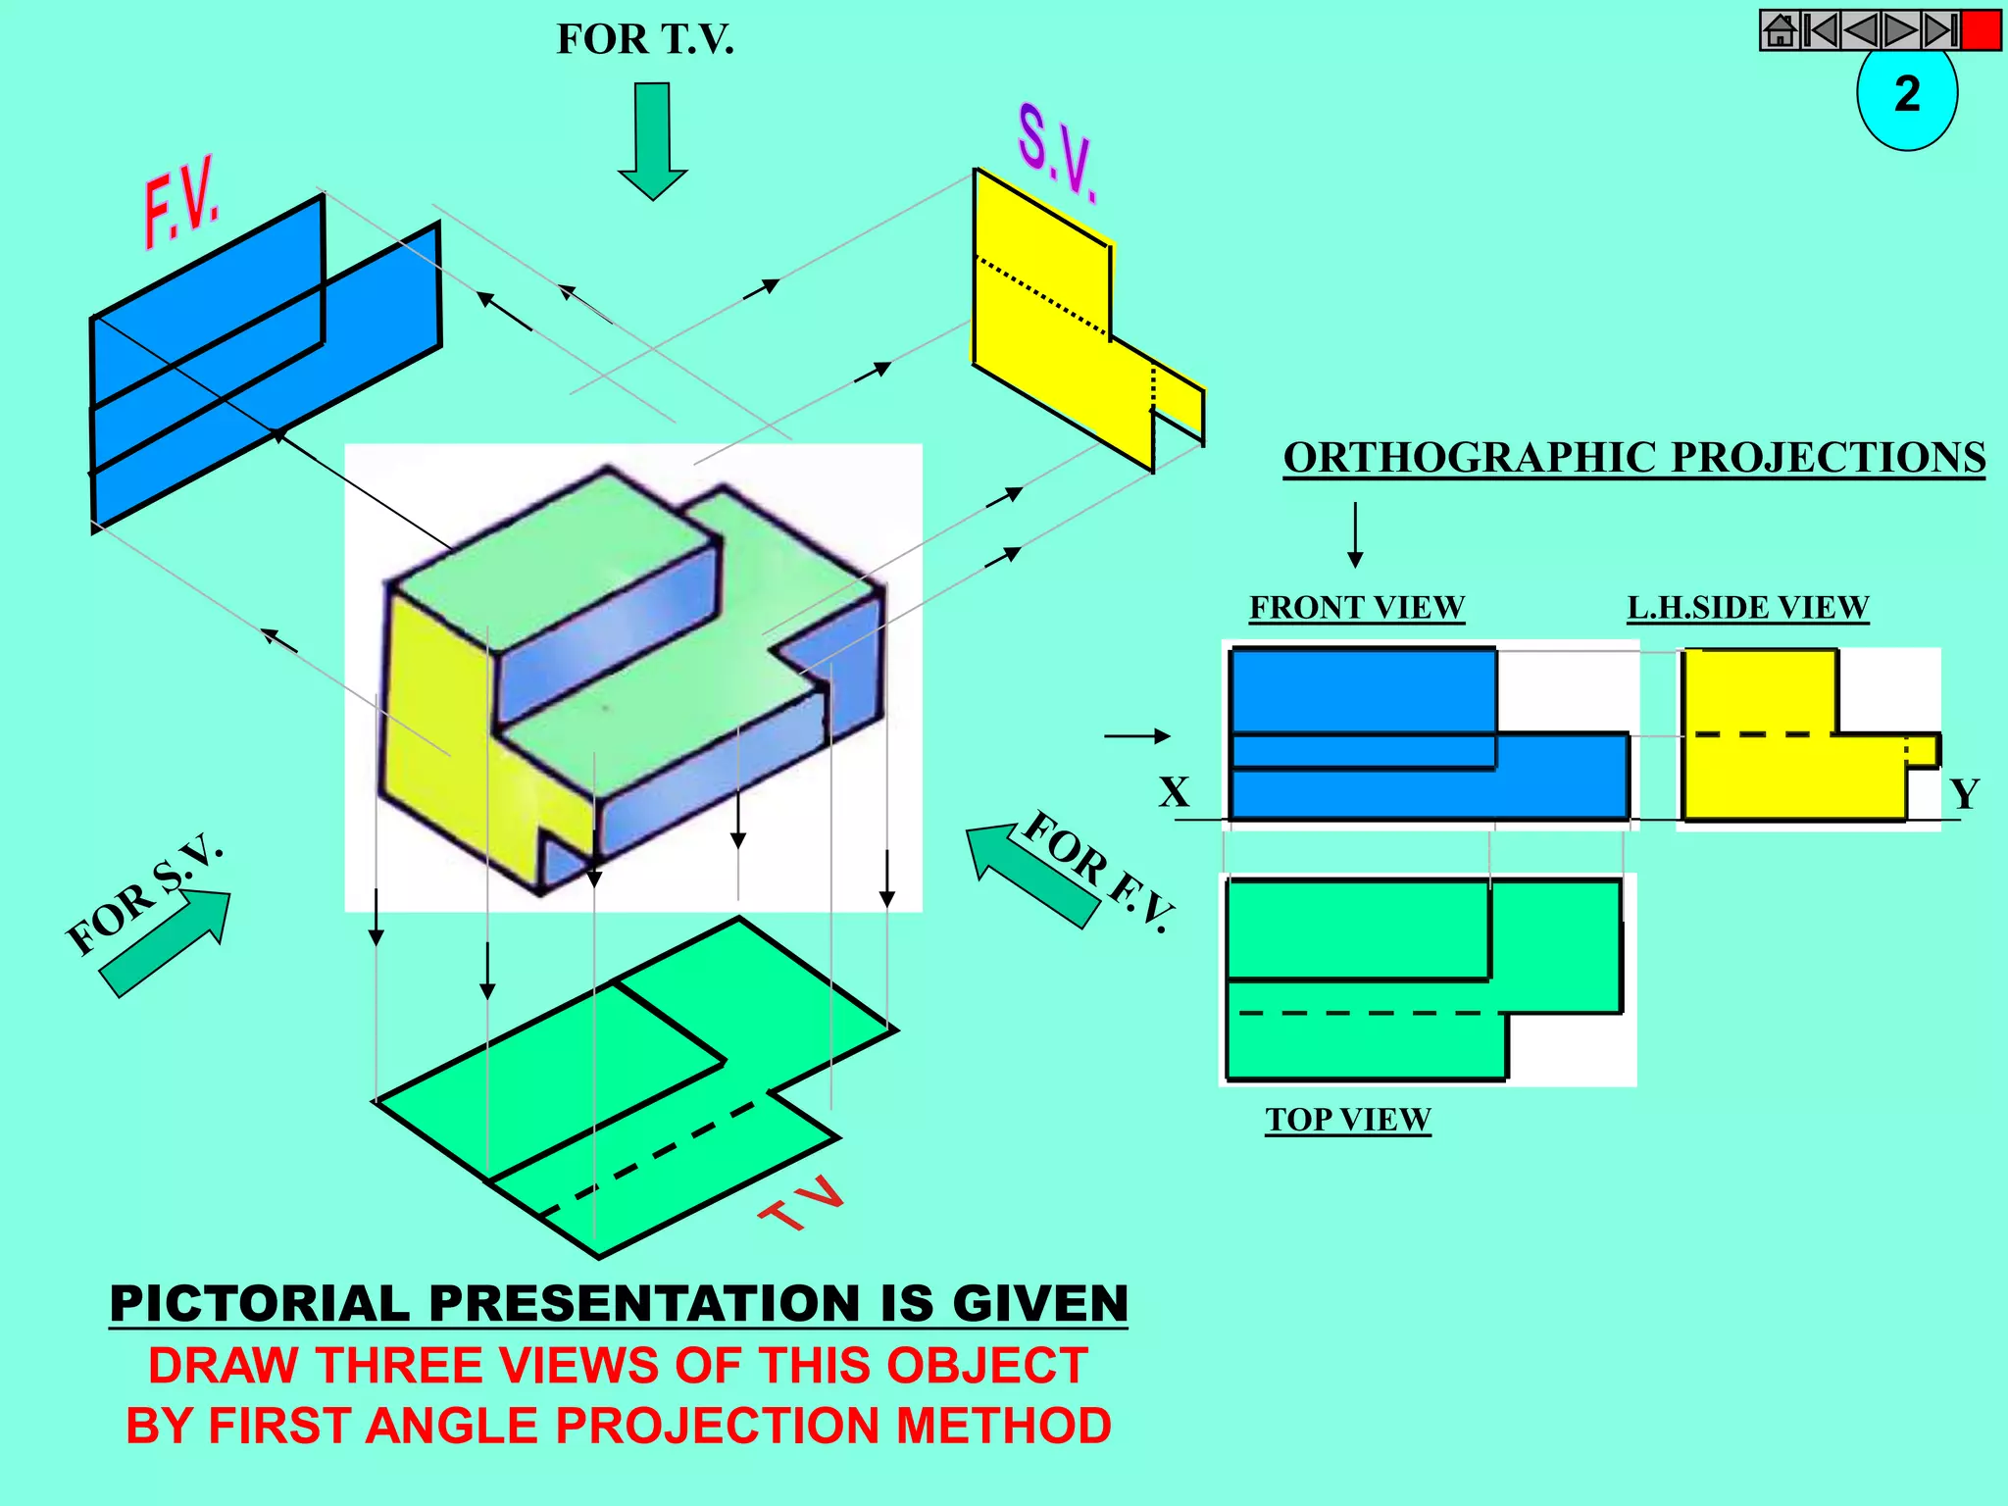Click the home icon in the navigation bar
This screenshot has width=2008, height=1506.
pyautogui.click(x=1780, y=30)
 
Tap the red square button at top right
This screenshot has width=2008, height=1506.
pyautogui.click(x=1982, y=30)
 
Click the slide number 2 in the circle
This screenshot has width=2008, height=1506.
pyautogui.click(x=1907, y=95)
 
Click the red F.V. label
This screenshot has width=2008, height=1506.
pyautogui.click(x=182, y=202)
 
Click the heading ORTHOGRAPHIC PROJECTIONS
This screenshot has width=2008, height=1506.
pyautogui.click(x=1634, y=458)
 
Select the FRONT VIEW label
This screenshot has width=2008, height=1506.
pyautogui.click(x=1357, y=608)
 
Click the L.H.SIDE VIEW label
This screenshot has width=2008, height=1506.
pyautogui.click(x=1748, y=608)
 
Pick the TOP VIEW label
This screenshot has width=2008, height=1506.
pyautogui.click(x=1348, y=1120)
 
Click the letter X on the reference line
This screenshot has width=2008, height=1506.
pyautogui.click(x=1174, y=791)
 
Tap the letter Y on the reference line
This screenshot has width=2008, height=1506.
pyautogui.click(x=1964, y=793)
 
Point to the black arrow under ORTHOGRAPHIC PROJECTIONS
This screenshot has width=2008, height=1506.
pyautogui.click(x=1355, y=535)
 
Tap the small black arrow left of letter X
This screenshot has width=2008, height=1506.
pyautogui.click(x=1137, y=735)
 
